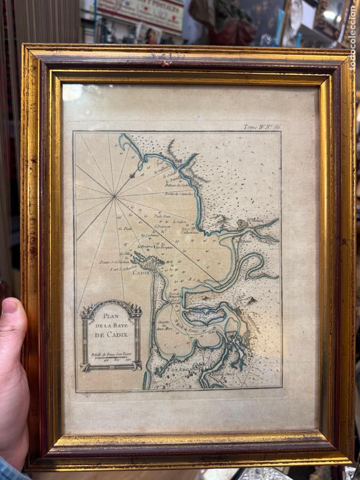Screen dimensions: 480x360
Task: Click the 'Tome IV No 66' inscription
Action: tap(262, 127)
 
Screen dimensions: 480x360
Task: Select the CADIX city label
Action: tap(141, 272)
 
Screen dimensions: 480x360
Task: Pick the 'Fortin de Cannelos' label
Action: tap(179, 194)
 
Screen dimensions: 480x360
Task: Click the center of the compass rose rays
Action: tap(115, 196)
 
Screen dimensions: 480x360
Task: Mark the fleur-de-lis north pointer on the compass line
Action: tap(133, 175)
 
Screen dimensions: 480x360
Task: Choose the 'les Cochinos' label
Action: tap(150, 235)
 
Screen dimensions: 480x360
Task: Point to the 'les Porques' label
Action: tap(164, 247)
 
